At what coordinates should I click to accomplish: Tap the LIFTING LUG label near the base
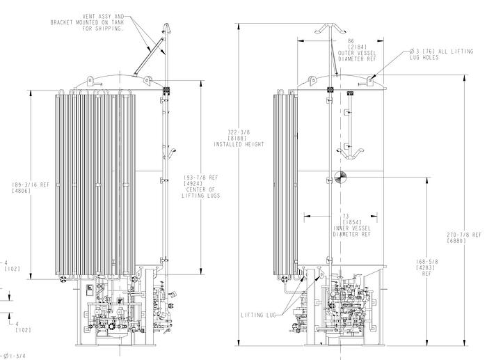[259, 315]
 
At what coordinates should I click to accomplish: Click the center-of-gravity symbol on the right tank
[339, 177]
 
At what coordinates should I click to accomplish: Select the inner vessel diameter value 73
[346, 216]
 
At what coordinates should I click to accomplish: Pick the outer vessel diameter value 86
[351, 40]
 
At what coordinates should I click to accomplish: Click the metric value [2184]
[351, 47]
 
